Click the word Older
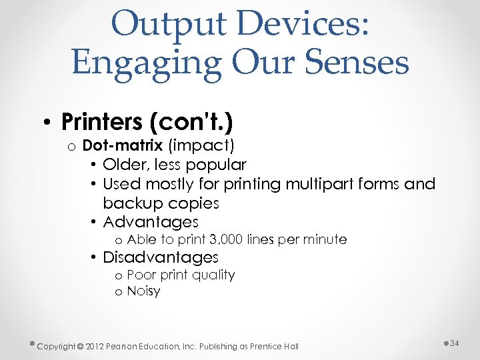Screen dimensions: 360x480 pos(125,165)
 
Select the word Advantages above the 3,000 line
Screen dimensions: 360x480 pos(151,222)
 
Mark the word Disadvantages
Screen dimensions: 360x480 pos(161,257)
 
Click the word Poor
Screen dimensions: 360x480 pos(140,275)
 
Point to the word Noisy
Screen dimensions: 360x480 pos(143,291)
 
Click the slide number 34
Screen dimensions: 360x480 pos(455,343)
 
